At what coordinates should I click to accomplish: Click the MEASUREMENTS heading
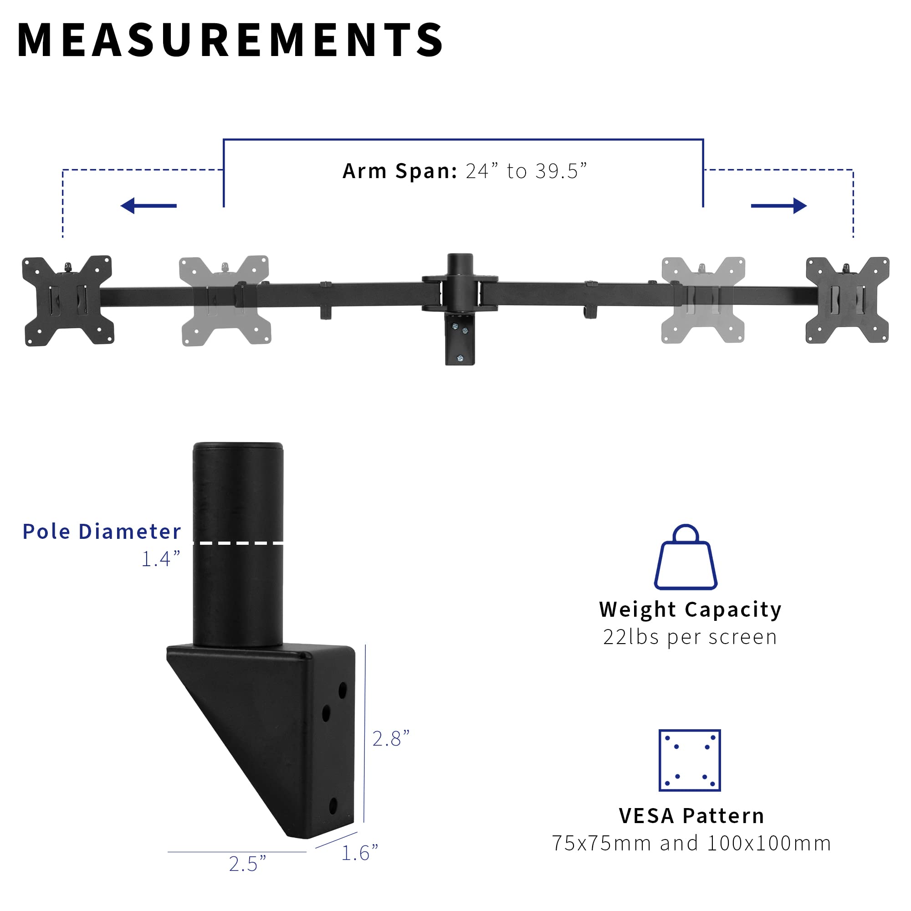(230, 40)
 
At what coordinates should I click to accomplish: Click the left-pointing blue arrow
(148, 205)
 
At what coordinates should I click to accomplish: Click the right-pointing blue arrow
(778, 205)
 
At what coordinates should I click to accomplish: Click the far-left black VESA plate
(68, 300)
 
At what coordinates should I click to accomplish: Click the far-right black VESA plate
(847, 300)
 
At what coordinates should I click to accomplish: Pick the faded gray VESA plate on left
(225, 300)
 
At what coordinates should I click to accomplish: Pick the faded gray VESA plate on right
(702, 300)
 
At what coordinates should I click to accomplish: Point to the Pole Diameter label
(102, 532)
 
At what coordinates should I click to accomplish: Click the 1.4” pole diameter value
(161, 559)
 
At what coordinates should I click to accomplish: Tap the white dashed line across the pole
(238, 543)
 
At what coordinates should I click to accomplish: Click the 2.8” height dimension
(391, 739)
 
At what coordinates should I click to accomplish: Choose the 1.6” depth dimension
(359, 853)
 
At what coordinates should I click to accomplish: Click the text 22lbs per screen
(690, 638)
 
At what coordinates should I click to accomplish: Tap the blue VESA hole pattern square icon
(689, 761)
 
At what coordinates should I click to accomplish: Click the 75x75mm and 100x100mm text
(691, 843)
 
